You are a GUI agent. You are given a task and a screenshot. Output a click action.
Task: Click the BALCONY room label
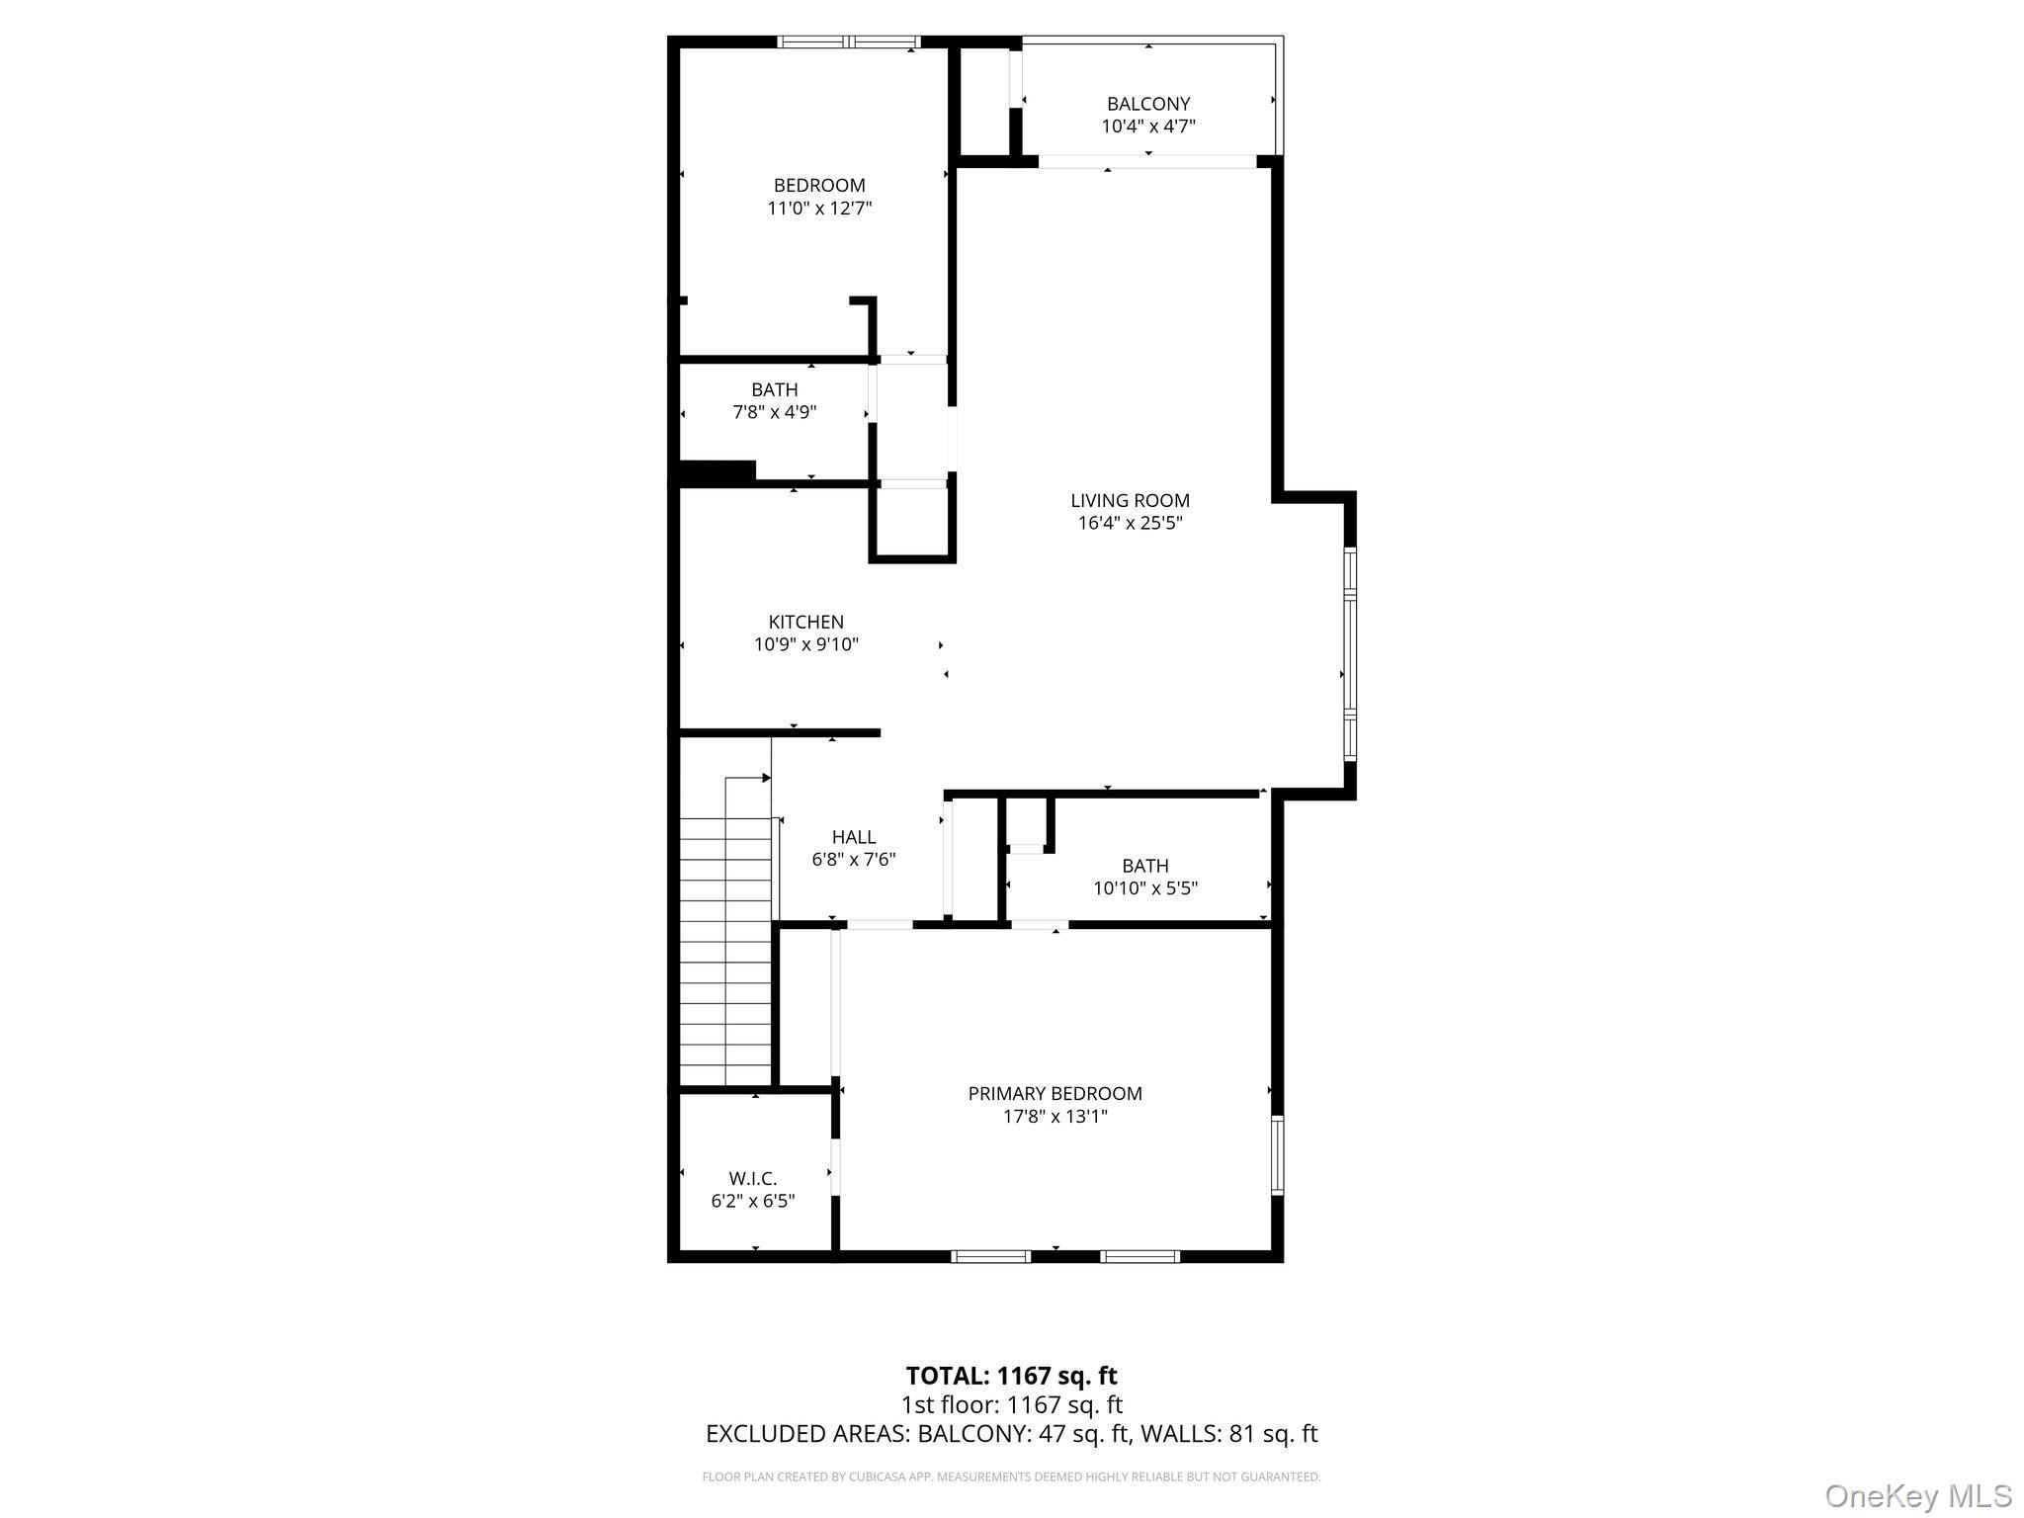(1148, 104)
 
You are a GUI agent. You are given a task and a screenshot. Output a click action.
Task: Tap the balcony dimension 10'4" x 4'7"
(1148, 126)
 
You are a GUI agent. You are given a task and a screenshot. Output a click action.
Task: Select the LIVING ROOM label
(1130, 501)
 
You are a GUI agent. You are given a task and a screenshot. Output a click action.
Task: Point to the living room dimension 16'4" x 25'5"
(1130, 524)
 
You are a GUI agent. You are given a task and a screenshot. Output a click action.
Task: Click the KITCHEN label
(806, 622)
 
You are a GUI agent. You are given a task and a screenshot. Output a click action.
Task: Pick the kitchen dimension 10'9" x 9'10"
(806, 645)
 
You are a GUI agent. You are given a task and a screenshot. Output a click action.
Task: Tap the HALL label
(854, 837)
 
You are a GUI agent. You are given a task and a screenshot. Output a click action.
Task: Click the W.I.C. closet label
(753, 1179)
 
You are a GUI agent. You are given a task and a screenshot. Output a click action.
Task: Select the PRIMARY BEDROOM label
(1055, 1094)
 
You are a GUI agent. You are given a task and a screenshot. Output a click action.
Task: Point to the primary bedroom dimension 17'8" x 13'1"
(1055, 1117)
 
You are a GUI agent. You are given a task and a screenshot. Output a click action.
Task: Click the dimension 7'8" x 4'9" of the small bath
(775, 412)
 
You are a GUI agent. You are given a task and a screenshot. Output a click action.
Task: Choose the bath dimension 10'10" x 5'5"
(1145, 888)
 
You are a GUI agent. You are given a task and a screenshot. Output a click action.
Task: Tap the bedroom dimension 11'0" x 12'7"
(819, 209)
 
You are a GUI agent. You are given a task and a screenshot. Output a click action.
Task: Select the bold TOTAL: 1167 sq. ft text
(1012, 1376)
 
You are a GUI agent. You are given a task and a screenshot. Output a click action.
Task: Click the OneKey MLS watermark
(1918, 1495)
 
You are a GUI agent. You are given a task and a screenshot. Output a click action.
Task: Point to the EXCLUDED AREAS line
(1012, 1434)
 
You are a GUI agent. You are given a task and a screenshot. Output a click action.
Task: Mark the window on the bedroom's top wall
(849, 42)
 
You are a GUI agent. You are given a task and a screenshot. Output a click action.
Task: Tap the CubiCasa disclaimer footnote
(1012, 1477)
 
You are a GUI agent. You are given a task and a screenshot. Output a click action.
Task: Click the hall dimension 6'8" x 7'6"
(854, 860)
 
